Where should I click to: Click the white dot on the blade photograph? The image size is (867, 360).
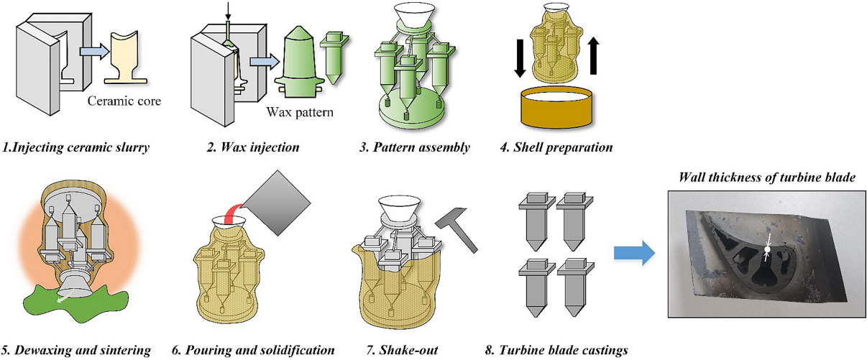point(767,249)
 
